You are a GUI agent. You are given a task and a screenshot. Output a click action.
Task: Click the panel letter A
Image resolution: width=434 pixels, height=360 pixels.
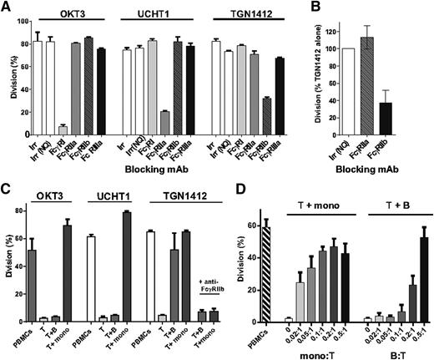pos(8,8)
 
